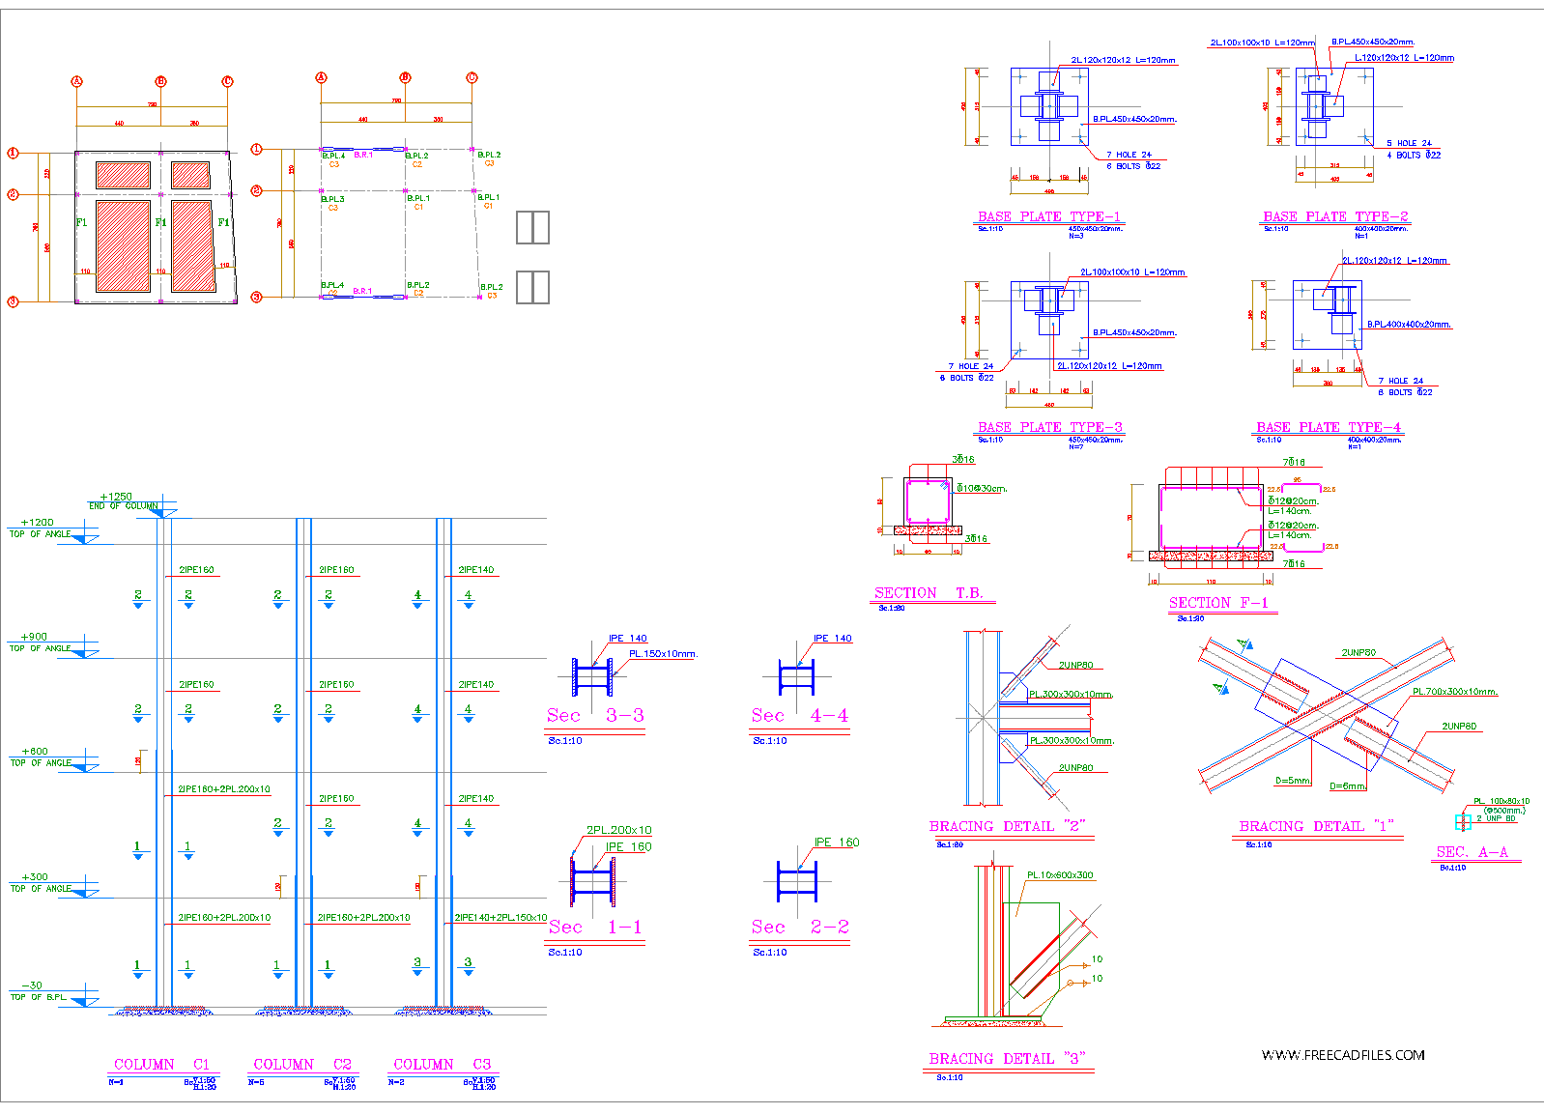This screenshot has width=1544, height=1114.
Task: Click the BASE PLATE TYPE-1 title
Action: pos(1048,216)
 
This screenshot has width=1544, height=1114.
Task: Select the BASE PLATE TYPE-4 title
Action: pos(1328,427)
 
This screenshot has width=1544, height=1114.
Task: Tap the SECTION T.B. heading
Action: pos(929,593)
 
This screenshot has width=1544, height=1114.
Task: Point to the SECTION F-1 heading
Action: pos(1218,603)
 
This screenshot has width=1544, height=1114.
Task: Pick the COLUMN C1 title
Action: pos(161,1065)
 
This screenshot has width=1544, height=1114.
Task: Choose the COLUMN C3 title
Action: pos(442,1065)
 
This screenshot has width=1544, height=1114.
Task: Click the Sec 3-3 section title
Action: pos(595,716)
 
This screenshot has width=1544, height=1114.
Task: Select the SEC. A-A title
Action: pos(1472,852)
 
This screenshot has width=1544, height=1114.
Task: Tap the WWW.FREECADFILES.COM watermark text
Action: pos(1343,1055)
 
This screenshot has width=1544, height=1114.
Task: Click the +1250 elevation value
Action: pos(116,497)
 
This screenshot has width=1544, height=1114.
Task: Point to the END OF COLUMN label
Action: pos(123,506)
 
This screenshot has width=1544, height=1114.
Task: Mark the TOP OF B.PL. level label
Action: pos(39,997)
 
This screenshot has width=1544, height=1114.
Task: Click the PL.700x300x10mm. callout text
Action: pos(1454,692)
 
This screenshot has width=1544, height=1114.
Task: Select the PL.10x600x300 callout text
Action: pos(1060,875)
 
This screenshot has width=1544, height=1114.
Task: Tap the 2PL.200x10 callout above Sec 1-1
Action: pos(618,830)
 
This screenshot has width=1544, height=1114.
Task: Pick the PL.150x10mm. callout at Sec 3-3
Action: pos(663,654)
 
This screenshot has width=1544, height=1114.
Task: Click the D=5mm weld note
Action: pos(1293,781)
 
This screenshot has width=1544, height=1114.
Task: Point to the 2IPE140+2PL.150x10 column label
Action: pos(500,918)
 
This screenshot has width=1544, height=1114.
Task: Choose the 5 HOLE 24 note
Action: pos(1409,143)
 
